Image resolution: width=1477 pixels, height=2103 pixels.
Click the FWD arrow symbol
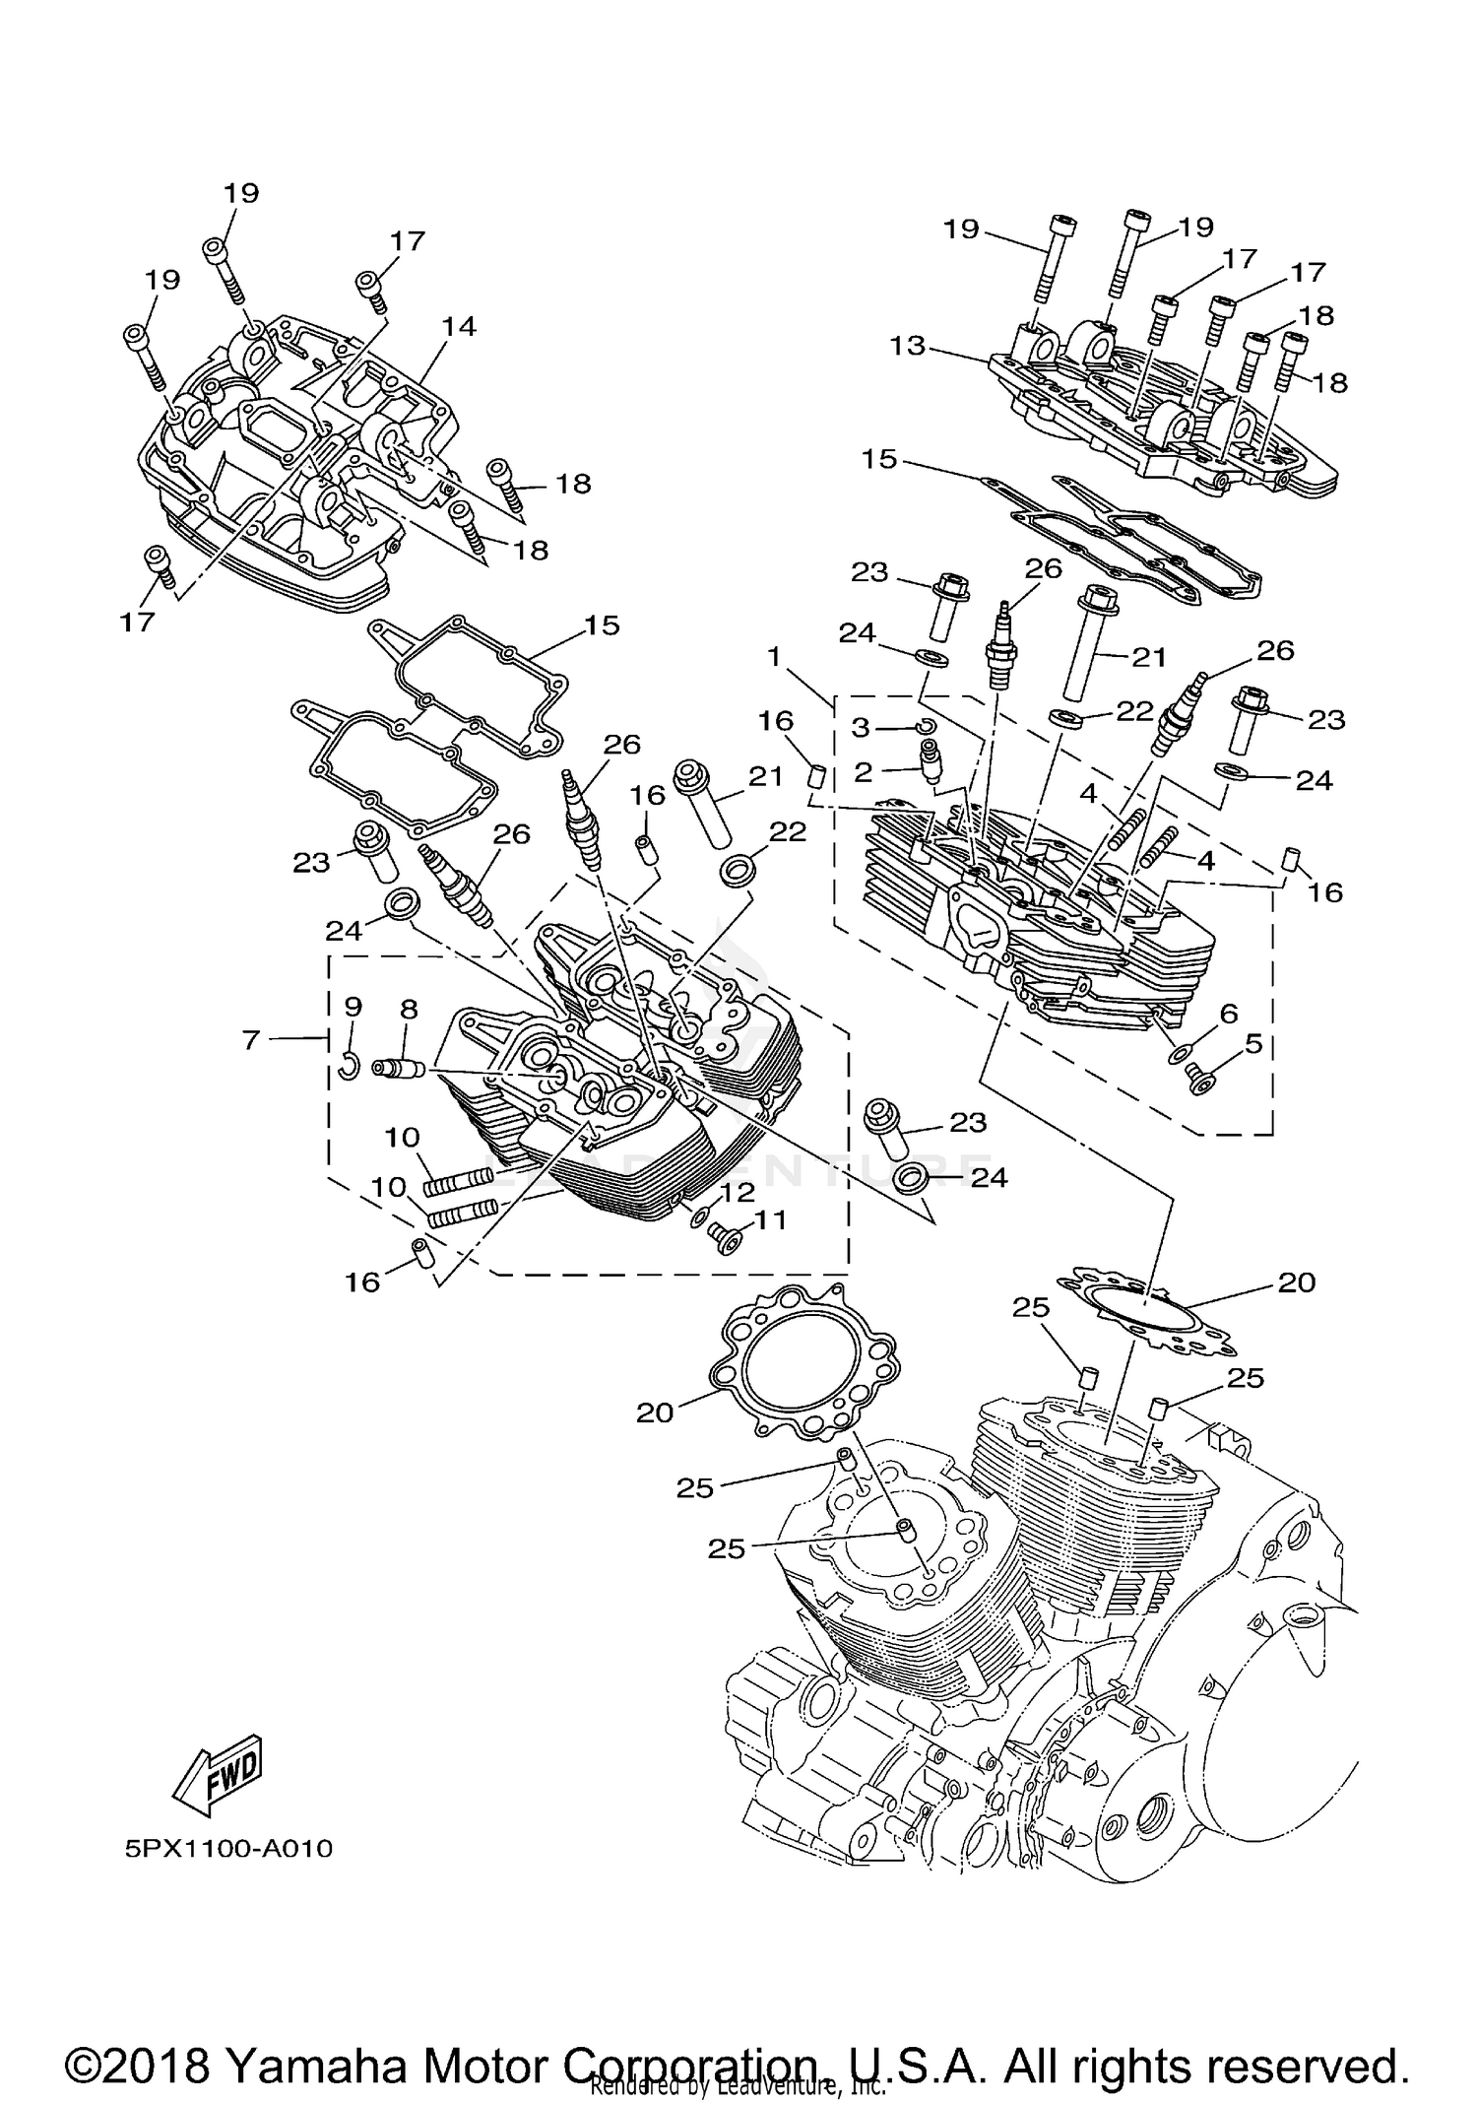pyautogui.click(x=218, y=1774)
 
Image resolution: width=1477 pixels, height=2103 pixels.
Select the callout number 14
pyautogui.click(x=459, y=326)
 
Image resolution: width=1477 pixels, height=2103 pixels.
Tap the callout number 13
pyautogui.click(x=907, y=346)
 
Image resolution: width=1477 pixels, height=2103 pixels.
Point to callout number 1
pyautogui.click(x=775, y=655)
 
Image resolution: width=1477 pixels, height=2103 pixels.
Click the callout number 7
pyautogui.click(x=252, y=1038)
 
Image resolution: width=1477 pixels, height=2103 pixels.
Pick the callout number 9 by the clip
pyautogui.click(x=353, y=1007)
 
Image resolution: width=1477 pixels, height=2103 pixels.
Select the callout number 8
pyautogui.click(x=409, y=1009)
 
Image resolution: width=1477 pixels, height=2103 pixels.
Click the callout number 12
pyautogui.click(x=737, y=1193)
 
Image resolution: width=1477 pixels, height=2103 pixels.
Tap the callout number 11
pyautogui.click(x=770, y=1220)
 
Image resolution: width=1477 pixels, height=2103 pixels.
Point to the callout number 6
pyautogui.click(x=1227, y=1014)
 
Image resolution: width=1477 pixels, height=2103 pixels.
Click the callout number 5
pyautogui.click(x=1252, y=1043)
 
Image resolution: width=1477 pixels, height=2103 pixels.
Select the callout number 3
pyautogui.click(x=862, y=727)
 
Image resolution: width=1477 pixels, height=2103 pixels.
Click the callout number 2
pyautogui.click(x=864, y=772)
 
